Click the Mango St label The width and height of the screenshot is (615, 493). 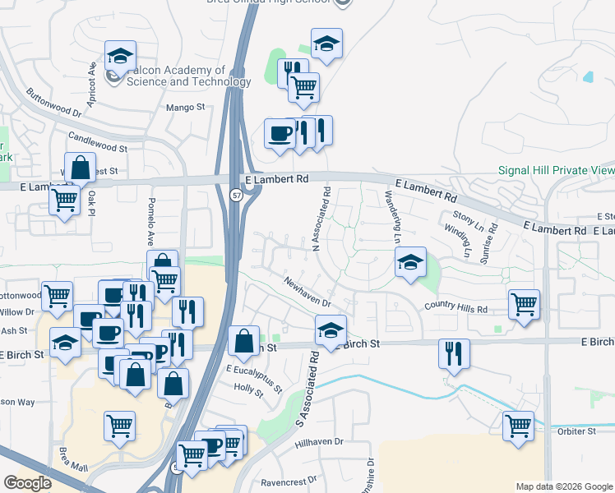point(184,108)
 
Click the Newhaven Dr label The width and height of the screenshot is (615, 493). point(307,291)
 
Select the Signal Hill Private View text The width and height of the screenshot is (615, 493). point(556,171)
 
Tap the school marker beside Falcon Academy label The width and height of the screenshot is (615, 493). point(121,58)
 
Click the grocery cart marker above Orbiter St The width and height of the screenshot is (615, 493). point(518,426)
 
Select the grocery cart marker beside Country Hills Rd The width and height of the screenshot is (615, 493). point(524,304)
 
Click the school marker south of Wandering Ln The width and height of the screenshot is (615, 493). point(410,263)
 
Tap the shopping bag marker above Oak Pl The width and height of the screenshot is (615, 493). point(81,168)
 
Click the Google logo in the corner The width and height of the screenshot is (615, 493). point(27,483)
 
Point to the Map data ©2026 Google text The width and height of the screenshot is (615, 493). point(563,486)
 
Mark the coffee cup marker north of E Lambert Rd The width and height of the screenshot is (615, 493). point(280,133)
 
